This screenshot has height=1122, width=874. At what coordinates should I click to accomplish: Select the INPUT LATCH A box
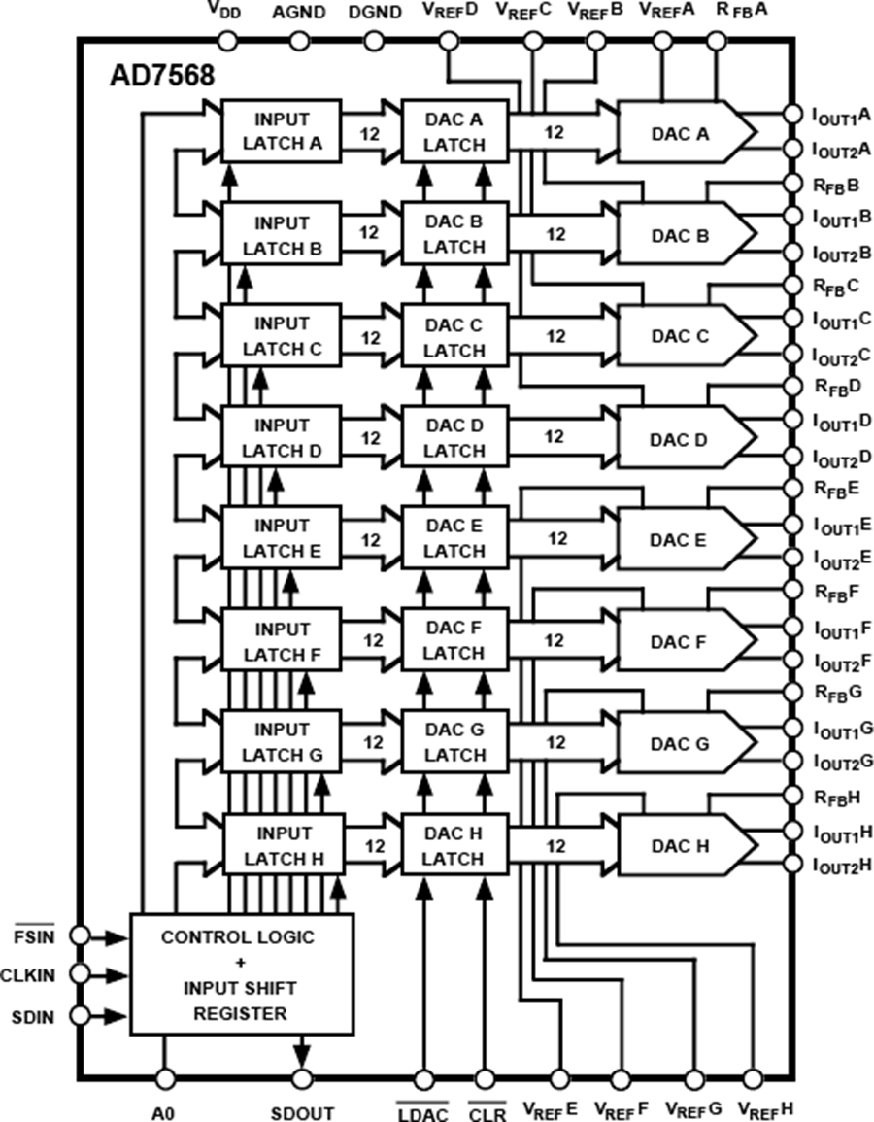[282, 133]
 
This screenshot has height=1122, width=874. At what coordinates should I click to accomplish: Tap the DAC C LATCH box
[454, 336]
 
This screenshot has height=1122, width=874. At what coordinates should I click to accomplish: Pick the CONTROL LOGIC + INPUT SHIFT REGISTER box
[241, 975]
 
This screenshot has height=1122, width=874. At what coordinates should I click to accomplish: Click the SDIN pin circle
[81, 1016]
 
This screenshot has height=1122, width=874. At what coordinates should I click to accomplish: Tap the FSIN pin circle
[81, 935]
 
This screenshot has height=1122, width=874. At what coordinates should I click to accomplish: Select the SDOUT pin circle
[302, 1078]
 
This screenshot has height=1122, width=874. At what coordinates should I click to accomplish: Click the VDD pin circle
[228, 40]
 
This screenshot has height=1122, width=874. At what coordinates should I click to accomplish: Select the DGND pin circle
[374, 40]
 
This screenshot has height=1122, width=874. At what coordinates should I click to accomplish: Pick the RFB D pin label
[837, 386]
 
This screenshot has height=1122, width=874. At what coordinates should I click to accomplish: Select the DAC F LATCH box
[454, 640]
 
